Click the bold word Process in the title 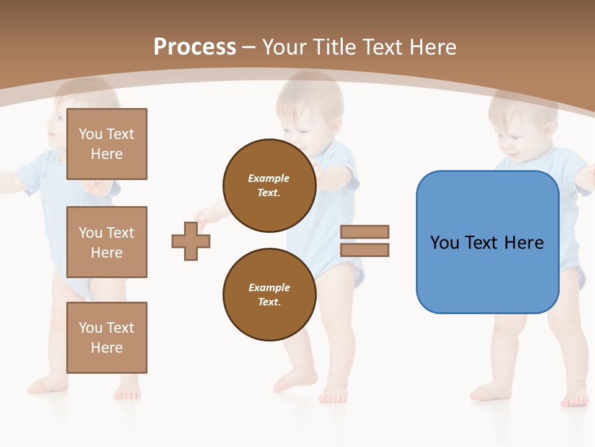click(x=195, y=47)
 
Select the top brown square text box click(x=107, y=144)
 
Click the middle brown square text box click(x=107, y=242)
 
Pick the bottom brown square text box click(x=107, y=338)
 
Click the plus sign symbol click(x=191, y=240)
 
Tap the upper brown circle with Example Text click(x=269, y=186)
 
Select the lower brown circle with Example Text click(x=270, y=295)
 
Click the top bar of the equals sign click(x=365, y=232)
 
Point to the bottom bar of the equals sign click(x=365, y=250)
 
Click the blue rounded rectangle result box click(x=487, y=242)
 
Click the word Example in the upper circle click(x=269, y=178)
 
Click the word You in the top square click(x=90, y=134)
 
